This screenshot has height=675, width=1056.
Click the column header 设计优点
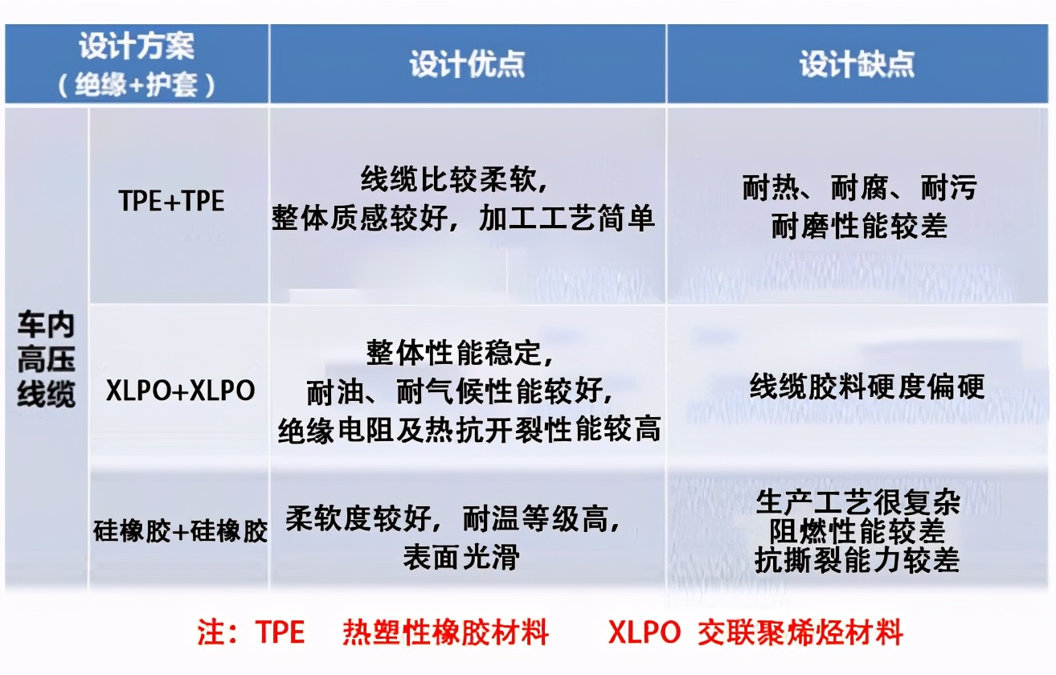tap(467, 65)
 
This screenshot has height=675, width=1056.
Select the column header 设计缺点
tap(857, 65)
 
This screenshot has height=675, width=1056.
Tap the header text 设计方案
tap(137, 47)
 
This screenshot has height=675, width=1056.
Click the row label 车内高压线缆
tap(46, 359)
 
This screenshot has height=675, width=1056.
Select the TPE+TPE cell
tap(172, 201)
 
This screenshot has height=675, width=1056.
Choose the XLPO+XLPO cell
tap(180, 391)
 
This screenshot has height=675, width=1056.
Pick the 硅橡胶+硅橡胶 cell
tap(180, 531)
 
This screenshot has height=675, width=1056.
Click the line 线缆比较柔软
tap(454, 180)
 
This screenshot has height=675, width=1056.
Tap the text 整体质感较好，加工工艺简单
tap(463, 219)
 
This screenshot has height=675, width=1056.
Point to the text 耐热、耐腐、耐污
tap(859, 188)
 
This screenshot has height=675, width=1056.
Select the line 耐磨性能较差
tap(859, 227)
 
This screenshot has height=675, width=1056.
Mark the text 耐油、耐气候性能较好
tap(462, 392)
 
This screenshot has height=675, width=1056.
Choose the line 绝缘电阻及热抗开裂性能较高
tap(469, 430)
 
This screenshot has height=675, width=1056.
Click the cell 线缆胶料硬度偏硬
tap(866, 387)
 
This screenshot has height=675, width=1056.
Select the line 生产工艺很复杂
tap(857, 503)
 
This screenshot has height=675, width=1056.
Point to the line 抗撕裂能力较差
tap(857, 560)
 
